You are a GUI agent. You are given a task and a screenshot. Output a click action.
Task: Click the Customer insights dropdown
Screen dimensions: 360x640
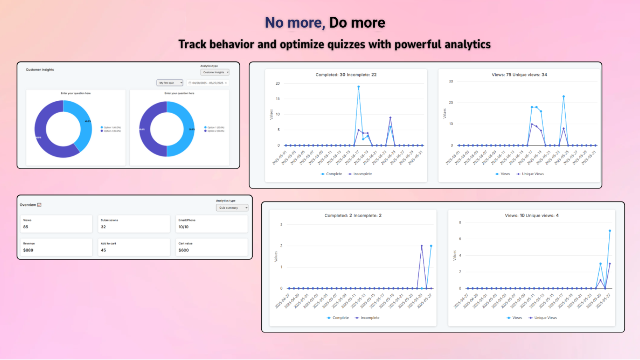tap(215, 72)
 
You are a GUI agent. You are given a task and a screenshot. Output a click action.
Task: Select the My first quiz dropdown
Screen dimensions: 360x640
tap(170, 83)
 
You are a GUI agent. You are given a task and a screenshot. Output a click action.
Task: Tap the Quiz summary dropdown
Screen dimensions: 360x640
tap(232, 208)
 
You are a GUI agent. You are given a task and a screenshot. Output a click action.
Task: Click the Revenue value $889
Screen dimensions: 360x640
tap(28, 250)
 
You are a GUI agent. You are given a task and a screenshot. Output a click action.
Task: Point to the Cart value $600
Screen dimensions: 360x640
tap(184, 250)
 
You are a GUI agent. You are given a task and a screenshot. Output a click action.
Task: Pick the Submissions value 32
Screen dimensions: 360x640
tap(103, 227)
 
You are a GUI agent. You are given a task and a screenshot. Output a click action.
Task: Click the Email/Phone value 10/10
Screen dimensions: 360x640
tap(184, 227)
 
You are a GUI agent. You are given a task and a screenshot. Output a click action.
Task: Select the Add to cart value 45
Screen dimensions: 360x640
tap(103, 250)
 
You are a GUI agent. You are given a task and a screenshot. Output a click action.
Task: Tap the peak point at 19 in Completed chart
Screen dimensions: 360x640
tap(358, 86)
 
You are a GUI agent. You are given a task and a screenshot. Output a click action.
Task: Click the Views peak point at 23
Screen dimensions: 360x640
tap(564, 96)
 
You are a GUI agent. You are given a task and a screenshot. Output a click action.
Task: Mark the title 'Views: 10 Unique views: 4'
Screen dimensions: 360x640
tap(532, 216)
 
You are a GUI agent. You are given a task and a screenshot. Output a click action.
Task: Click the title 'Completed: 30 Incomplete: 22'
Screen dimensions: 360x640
tap(346, 75)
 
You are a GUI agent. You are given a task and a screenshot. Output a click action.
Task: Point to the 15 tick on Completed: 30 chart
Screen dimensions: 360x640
tap(278, 99)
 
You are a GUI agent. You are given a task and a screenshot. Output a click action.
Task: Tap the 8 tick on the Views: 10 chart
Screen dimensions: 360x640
tap(460, 222)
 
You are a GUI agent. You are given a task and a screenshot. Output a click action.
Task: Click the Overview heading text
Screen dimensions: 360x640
tap(28, 205)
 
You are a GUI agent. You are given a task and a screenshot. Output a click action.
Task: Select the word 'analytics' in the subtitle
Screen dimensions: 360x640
tap(467, 44)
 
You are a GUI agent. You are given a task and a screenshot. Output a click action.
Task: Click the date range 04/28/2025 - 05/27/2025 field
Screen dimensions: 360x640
tap(208, 83)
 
